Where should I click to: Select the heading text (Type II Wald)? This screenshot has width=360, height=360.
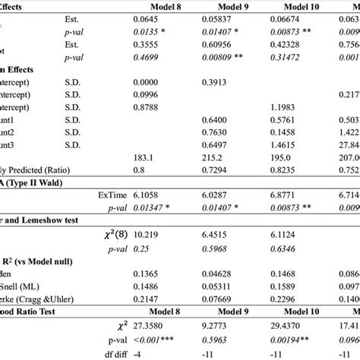click(x=37, y=182)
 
